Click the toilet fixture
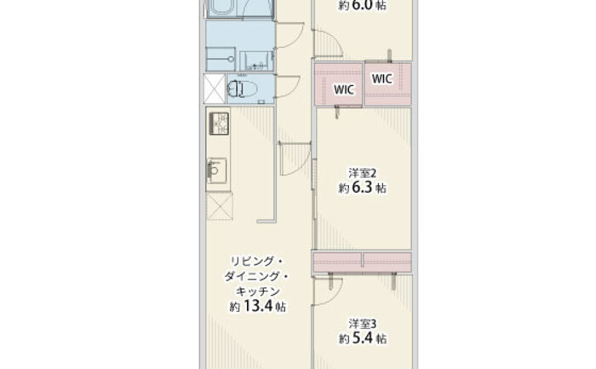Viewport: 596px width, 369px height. [x=242, y=89]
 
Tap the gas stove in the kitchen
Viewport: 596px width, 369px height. [x=219, y=124]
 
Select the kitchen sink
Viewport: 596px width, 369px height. [x=216, y=170]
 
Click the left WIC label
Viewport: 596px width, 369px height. [x=344, y=89]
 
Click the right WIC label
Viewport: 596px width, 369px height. [x=382, y=78]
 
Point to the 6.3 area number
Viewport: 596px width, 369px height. [x=362, y=187]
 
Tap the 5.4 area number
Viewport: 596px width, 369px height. [x=362, y=338]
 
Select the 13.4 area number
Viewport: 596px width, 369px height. [x=258, y=306]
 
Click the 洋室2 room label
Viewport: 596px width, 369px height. [x=362, y=173]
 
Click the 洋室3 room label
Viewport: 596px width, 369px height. [x=362, y=324]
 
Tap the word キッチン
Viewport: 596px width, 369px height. [x=258, y=291]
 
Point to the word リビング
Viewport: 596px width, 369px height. [x=252, y=262]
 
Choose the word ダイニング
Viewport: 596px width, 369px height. [x=252, y=276]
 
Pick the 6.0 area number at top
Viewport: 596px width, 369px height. [x=362, y=5]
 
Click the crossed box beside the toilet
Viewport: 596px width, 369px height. [x=215, y=89]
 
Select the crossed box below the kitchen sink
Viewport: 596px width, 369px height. [x=220, y=205]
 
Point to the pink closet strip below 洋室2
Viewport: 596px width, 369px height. [x=362, y=262]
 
